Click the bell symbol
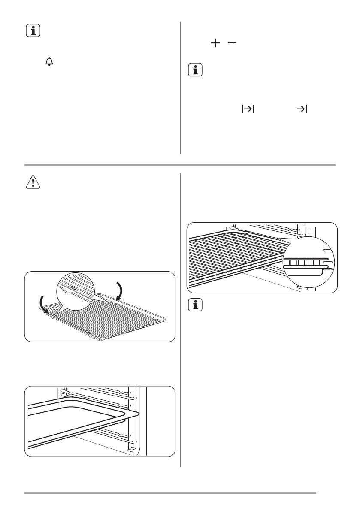[49, 63]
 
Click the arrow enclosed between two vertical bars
[248, 110]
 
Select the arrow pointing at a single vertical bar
[303, 110]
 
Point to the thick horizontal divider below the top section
[180, 165]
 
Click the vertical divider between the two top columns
[180, 88]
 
